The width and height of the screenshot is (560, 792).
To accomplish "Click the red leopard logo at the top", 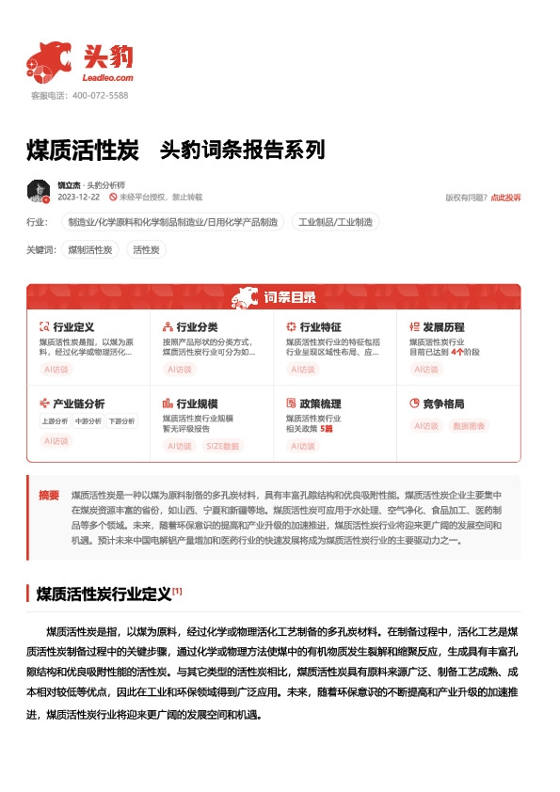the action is pos(49,60).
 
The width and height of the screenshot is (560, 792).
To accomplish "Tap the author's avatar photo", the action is pos(39,191).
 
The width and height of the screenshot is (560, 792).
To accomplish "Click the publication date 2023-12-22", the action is pos(79,198).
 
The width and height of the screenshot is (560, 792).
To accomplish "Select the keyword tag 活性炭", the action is pos(146,250).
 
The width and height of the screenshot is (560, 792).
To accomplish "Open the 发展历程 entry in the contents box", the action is pos(443,327).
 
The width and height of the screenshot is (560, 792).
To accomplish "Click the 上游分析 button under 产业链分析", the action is pos(55,420).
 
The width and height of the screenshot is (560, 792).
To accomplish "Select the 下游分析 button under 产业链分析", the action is pos(120,420).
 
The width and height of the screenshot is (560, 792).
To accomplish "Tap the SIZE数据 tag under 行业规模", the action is pos(223,446).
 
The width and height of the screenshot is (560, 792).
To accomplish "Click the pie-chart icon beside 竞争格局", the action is pos(414,404).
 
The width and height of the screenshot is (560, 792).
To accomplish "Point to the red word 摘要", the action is pos(49,494).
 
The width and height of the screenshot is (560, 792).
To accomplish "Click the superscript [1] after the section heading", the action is pos(177,592).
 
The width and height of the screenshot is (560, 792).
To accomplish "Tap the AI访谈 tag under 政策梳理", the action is pos(303,446).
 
